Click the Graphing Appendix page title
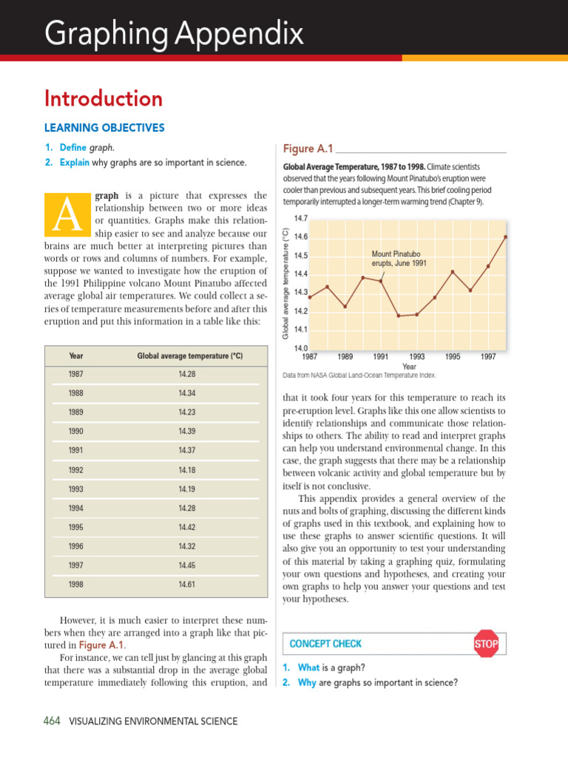point(173,33)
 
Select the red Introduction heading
point(104,98)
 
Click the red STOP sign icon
point(486,644)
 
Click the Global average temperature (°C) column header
point(189,356)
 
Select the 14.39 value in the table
point(186,430)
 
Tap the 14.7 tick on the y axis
point(301,219)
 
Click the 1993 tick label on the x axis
point(417,356)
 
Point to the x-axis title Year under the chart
point(409,366)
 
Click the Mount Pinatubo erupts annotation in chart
point(399,259)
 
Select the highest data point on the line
point(506,237)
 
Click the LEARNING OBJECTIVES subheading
point(104,128)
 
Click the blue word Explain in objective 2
point(74,162)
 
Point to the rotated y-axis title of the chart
point(286,284)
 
